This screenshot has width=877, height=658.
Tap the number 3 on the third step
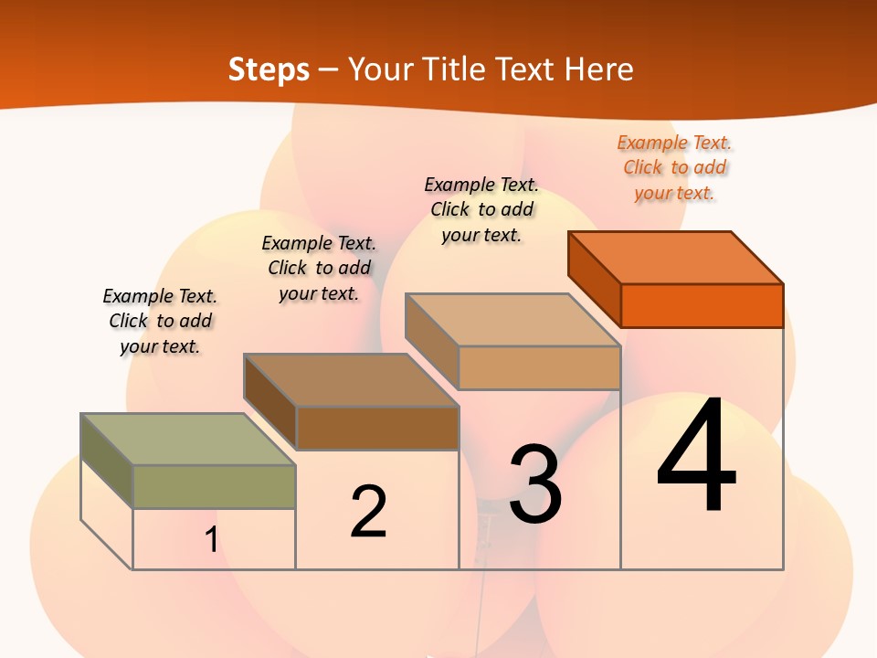(x=534, y=484)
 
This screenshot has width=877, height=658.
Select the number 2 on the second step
(x=369, y=511)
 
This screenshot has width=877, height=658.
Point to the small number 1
(x=211, y=540)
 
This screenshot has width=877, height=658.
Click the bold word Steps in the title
(x=269, y=69)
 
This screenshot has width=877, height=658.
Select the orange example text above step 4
(x=674, y=168)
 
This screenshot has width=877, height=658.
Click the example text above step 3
(x=481, y=209)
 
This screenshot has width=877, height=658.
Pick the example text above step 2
(x=319, y=268)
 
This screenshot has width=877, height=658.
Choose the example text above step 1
(x=160, y=321)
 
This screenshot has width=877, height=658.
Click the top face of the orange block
(x=676, y=257)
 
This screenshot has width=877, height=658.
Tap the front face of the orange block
(x=702, y=305)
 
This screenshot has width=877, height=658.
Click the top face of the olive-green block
(x=188, y=439)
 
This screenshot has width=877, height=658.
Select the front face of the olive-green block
(x=214, y=486)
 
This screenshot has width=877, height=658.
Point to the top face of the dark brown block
(x=351, y=379)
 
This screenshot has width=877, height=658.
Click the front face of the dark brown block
(x=376, y=428)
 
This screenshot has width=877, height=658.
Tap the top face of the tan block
(x=512, y=320)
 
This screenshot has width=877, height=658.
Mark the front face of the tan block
(x=539, y=367)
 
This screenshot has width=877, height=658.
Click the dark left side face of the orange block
(x=594, y=279)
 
